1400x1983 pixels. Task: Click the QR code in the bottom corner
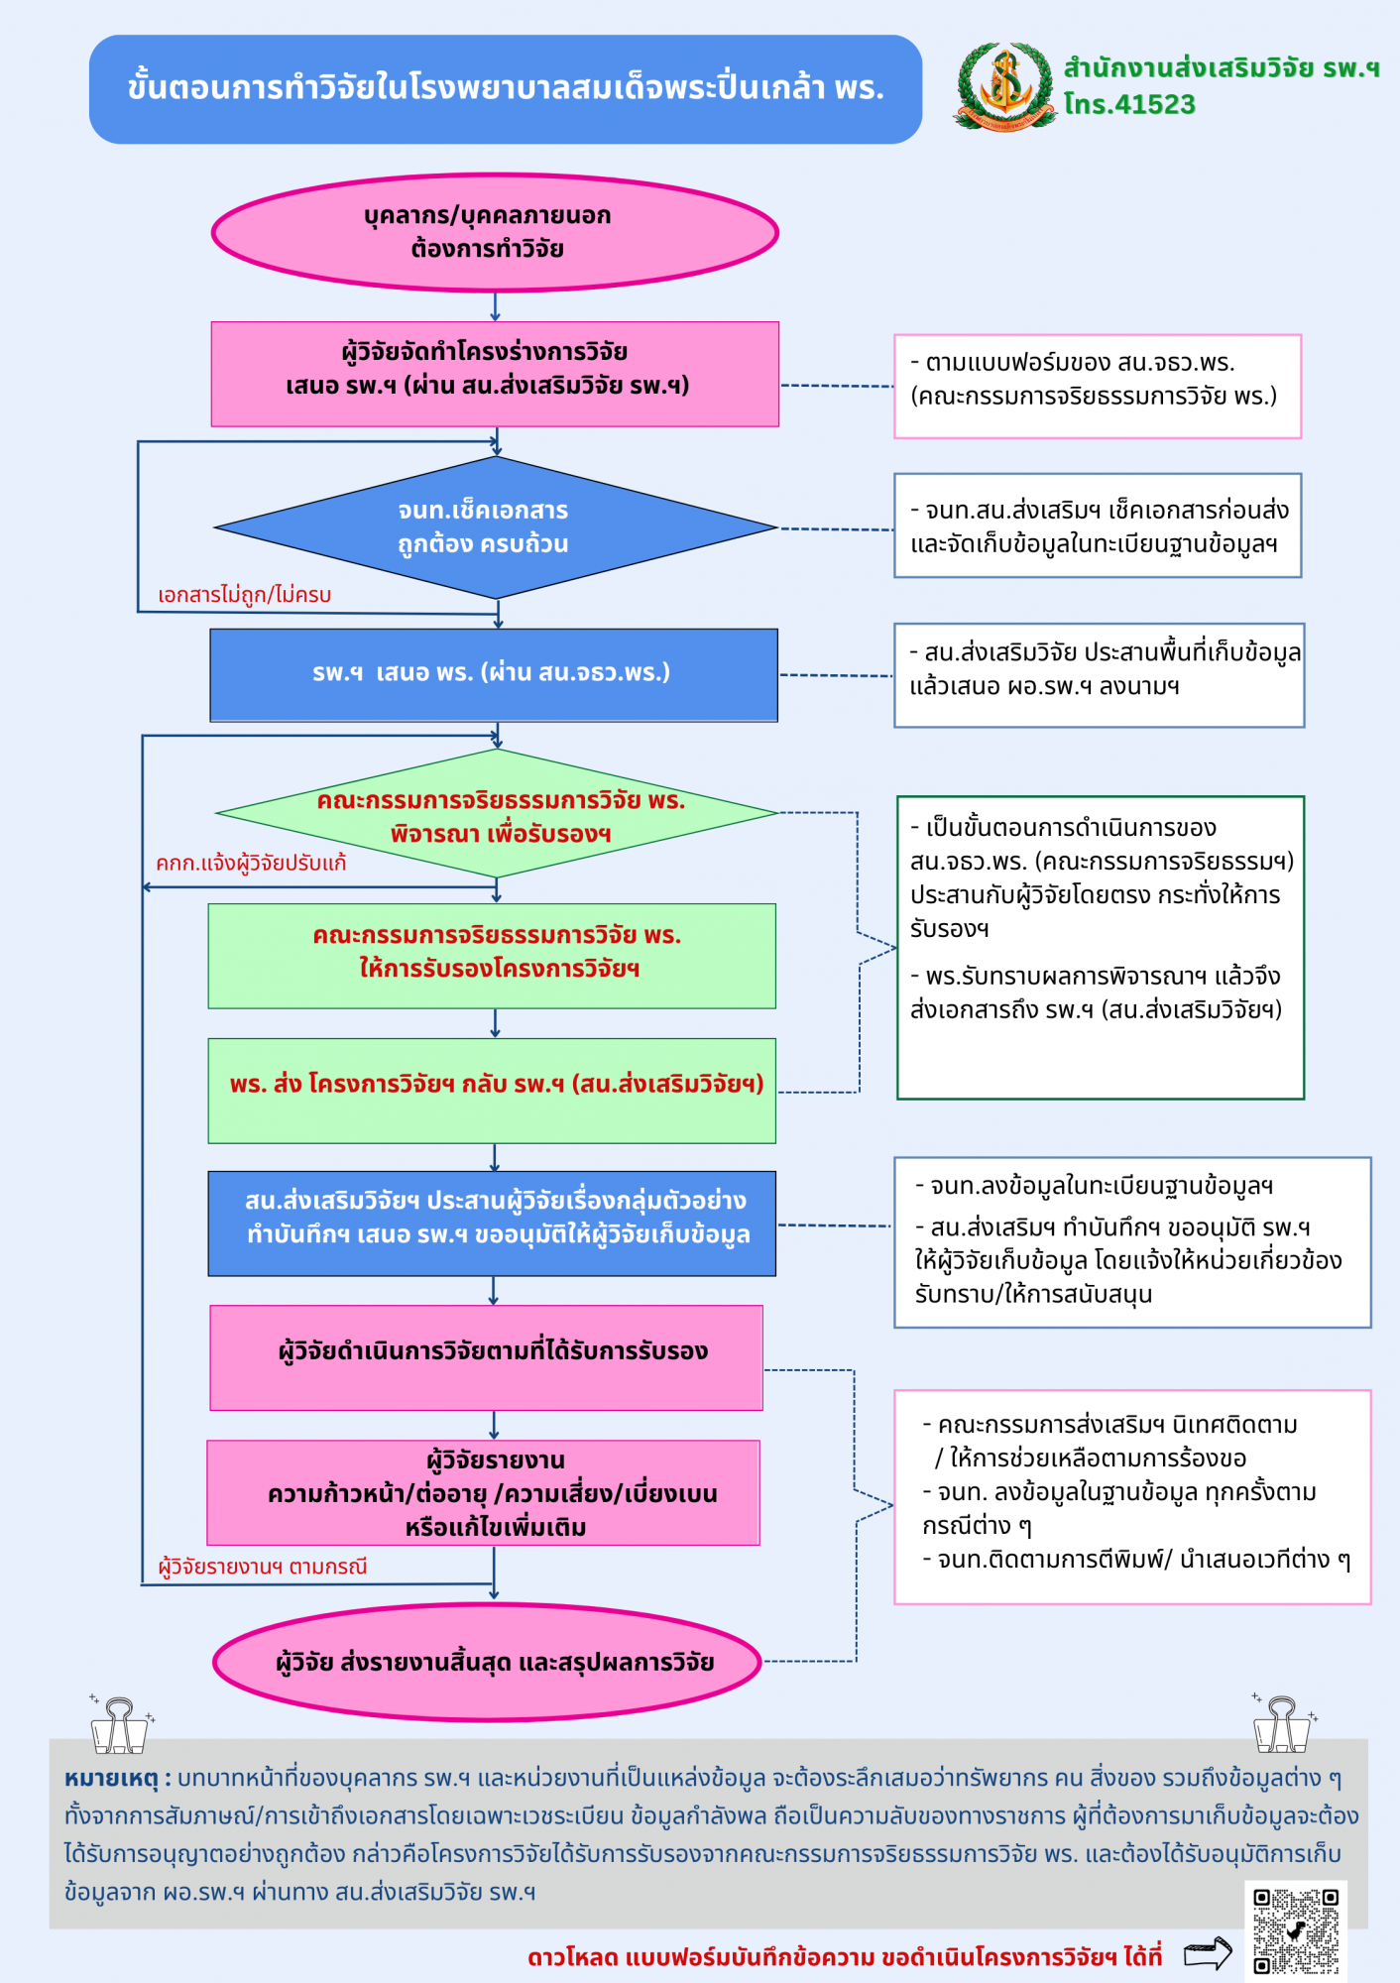tap(1295, 1930)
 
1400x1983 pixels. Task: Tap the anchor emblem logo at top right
tap(1005, 86)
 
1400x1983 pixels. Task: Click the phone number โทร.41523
tap(1129, 104)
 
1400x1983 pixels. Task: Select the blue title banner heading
tap(506, 89)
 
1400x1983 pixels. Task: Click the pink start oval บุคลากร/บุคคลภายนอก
tap(495, 233)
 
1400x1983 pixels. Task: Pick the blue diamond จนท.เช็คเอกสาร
tap(496, 527)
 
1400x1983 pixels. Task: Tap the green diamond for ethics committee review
tap(497, 813)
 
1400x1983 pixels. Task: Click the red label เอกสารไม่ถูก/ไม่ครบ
tap(245, 595)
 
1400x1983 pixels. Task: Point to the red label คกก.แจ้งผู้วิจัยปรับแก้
tap(251, 863)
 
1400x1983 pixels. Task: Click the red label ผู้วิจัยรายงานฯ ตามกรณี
tap(263, 1567)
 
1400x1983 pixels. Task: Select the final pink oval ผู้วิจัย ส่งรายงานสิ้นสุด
tap(487, 1662)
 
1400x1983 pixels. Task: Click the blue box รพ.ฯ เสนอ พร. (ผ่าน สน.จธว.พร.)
tap(494, 675)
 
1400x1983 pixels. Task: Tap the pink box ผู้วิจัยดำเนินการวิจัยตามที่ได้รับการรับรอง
tap(486, 1357)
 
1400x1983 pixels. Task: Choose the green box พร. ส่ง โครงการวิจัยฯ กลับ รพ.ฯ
tap(492, 1091)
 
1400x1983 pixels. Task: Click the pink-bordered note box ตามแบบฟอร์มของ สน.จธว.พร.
tap(1098, 386)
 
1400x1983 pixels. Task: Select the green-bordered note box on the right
tap(1101, 948)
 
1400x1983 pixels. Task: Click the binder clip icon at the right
tap(1283, 1723)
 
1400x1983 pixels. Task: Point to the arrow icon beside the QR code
tap(1208, 1954)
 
